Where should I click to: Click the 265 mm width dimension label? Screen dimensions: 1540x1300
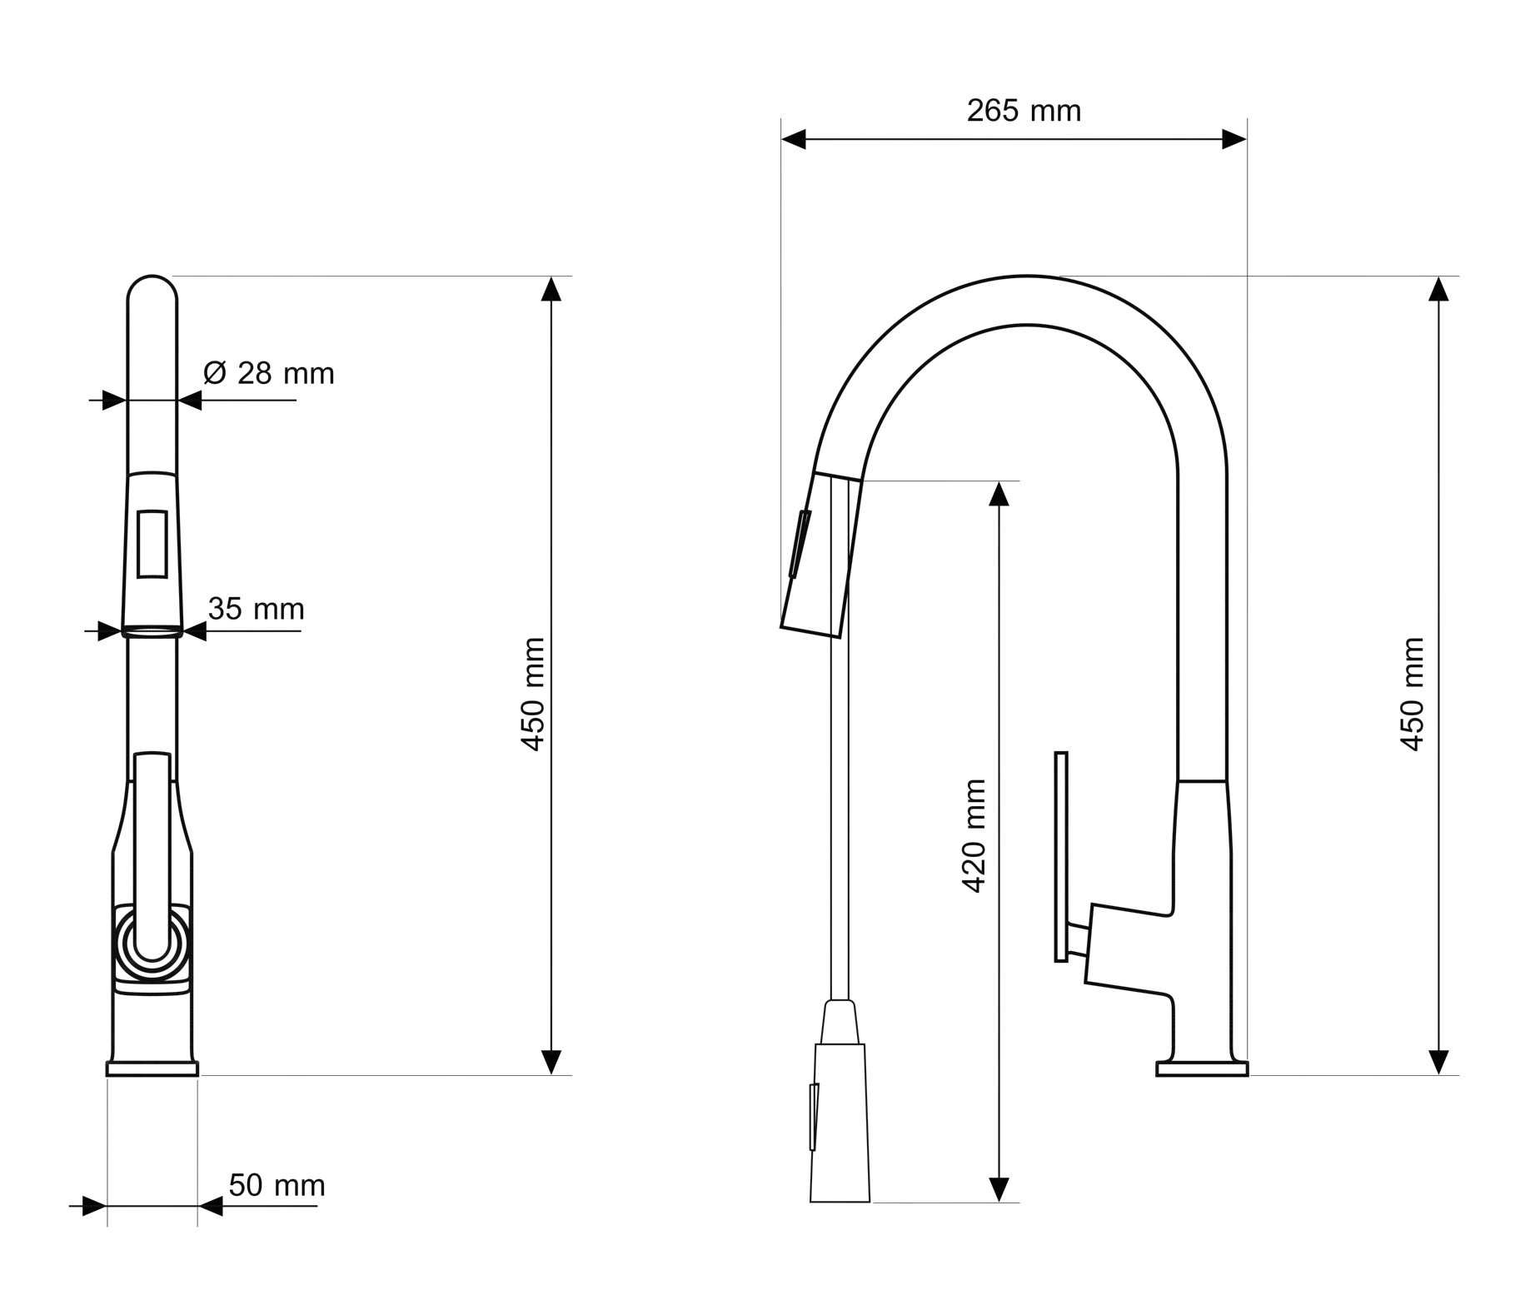click(1023, 111)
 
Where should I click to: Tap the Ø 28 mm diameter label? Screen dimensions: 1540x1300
click(268, 373)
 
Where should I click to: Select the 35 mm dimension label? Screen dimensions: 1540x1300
click(256, 609)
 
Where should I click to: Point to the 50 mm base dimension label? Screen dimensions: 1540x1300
click(277, 1184)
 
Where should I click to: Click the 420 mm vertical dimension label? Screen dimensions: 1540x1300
click(974, 836)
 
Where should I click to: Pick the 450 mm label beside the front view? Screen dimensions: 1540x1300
click(532, 695)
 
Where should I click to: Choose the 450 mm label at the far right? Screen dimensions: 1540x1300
click(1413, 695)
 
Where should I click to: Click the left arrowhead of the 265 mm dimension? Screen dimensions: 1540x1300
click(794, 139)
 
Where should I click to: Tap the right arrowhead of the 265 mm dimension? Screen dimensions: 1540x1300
click(1234, 139)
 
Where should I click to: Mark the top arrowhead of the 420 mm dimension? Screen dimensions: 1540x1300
click(999, 494)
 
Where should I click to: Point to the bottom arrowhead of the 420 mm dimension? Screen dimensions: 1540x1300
click(999, 1190)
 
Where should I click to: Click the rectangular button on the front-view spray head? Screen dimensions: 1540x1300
click(152, 544)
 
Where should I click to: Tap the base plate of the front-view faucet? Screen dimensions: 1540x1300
click(152, 1068)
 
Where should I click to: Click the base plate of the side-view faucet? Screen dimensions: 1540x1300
click(1202, 1068)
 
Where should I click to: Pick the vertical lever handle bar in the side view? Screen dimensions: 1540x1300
click(1061, 857)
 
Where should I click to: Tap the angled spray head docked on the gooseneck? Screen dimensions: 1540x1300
click(820, 555)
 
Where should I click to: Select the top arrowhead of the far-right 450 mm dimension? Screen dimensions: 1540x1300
click(1438, 289)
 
